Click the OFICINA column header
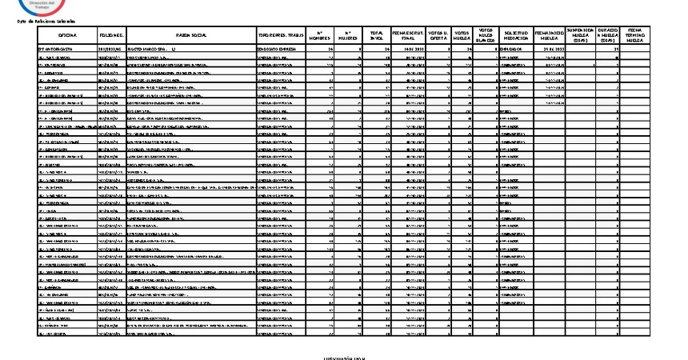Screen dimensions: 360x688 [67, 36]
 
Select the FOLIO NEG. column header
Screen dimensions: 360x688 [110, 36]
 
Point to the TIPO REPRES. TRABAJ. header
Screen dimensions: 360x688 [280, 36]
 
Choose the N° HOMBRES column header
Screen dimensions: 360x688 [319, 36]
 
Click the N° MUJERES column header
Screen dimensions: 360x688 [348, 36]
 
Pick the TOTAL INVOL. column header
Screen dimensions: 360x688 [375, 36]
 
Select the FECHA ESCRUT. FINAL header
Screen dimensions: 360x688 [408, 36]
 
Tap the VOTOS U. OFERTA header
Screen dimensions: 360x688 [438, 36]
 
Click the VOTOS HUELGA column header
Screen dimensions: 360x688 [464, 36]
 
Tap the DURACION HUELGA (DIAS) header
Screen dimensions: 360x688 [608, 36]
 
